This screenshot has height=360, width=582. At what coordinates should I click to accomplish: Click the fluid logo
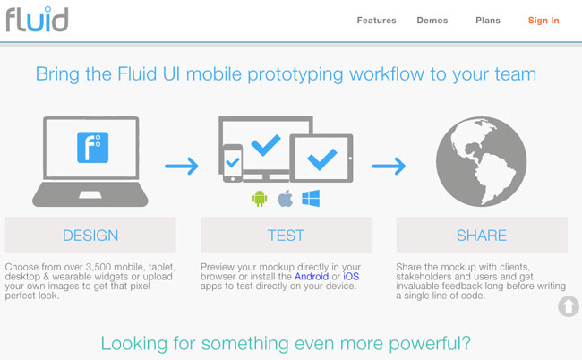click(x=37, y=19)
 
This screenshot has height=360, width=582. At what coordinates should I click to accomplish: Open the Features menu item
click(x=376, y=21)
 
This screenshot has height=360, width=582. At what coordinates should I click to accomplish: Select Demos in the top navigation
click(x=432, y=21)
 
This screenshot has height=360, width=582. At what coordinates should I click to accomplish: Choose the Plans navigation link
click(x=488, y=21)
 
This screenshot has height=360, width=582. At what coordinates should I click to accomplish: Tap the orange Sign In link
click(x=543, y=21)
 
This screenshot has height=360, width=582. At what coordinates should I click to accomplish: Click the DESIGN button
click(x=90, y=235)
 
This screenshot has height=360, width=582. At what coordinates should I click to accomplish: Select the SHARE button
click(x=482, y=235)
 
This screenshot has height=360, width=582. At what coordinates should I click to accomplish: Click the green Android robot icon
click(x=260, y=199)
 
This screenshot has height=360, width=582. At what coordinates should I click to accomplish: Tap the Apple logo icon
click(x=285, y=198)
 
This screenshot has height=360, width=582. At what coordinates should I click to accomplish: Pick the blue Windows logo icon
click(x=311, y=198)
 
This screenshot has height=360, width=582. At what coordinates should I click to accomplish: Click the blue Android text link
click(x=312, y=277)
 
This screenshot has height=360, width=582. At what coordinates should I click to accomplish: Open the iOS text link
click(x=351, y=277)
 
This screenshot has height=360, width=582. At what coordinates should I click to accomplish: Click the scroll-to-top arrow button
click(x=569, y=306)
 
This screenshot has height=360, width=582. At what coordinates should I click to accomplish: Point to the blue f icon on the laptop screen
click(x=93, y=148)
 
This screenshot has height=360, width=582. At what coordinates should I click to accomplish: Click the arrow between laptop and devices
click(x=182, y=166)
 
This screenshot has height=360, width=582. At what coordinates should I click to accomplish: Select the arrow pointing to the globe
click(x=389, y=166)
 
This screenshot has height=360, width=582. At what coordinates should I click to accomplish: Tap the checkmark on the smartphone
click(x=233, y=163)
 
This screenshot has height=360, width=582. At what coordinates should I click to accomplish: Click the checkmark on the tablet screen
click(x=322, y=159)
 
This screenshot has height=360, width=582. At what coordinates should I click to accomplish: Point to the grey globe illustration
click(x=481, y=161)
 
